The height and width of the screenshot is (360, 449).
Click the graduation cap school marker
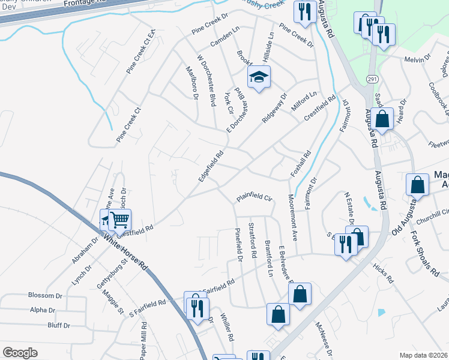tap(259, 77)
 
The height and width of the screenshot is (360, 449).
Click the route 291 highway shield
tap(372, 79)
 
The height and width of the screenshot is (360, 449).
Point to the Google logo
tap(20, 352)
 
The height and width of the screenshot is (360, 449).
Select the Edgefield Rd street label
tap(211, 167)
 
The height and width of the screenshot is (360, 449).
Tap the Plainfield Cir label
tap(254, 197)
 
